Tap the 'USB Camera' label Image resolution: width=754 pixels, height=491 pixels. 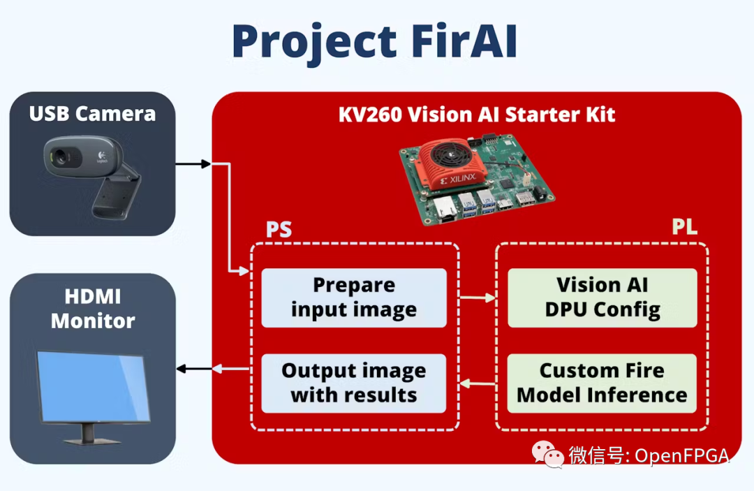pos(92,113)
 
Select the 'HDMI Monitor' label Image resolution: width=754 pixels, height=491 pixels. pos(92,309)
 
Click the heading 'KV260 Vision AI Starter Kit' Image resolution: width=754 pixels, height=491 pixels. pos(477,114)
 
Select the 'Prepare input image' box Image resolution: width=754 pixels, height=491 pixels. pos(354,298)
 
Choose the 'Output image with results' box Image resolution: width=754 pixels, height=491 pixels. pos(354,383)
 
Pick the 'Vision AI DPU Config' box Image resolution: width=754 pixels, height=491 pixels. pos(602,298)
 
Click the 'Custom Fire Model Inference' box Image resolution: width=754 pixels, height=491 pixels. pos(602,383)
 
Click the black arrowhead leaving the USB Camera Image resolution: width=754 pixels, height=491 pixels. pos(205,164)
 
